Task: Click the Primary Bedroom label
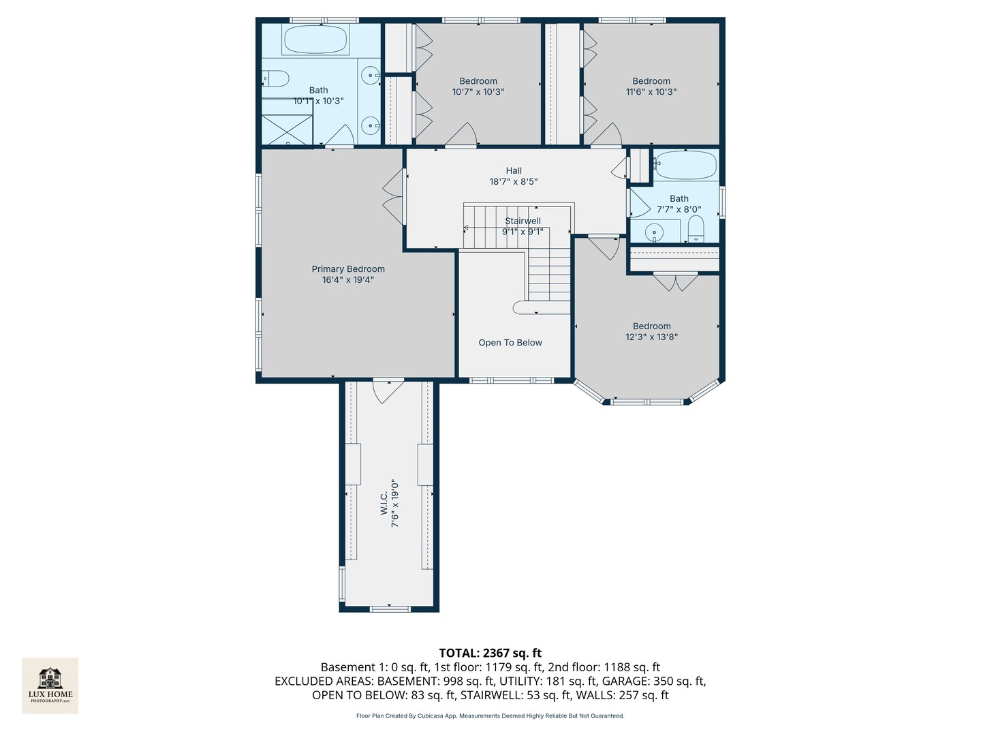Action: pyautogui.click(x=347, y=269)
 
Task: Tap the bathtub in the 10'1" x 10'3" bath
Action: pyautogui.click(x=315, y=40)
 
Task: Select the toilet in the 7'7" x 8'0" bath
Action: pyautogui.click(x=696, y=229)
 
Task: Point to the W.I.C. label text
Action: pyautogui.click(x=384, y=504)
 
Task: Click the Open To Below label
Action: pyautogui.click(x=510, y=343)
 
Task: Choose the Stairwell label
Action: pyautogui.click(x=523, y=221)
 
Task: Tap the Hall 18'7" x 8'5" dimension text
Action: pyautogui.click(x=514, y=182)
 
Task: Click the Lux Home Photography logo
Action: pyautogui.click(x=50, y=686)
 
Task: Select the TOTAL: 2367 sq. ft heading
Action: pyautogui.click(x=490, y=653)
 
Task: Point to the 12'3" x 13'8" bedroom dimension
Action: pyautogui.click(x=651, y=337)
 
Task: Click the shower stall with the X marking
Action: pyautogui.click(x=287, y=129)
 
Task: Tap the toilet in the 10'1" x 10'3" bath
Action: pyautogui.click(x=275, y=78)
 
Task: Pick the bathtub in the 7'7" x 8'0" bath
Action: pyautogui.click(x=685, y=165)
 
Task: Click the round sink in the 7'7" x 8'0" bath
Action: pyautogui.click(x=654, y=232)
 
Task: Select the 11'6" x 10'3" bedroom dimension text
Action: pyautogui.click(x=651, y=92)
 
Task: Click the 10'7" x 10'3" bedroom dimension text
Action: pyautogui.click(x=478, y=92)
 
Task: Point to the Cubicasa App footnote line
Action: pyautogui.click(x=490, y=716)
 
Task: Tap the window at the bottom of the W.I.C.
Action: pyautogui.click(x=390, y=608)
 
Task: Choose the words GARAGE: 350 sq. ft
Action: pyautogui.click(x=654, y=681)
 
